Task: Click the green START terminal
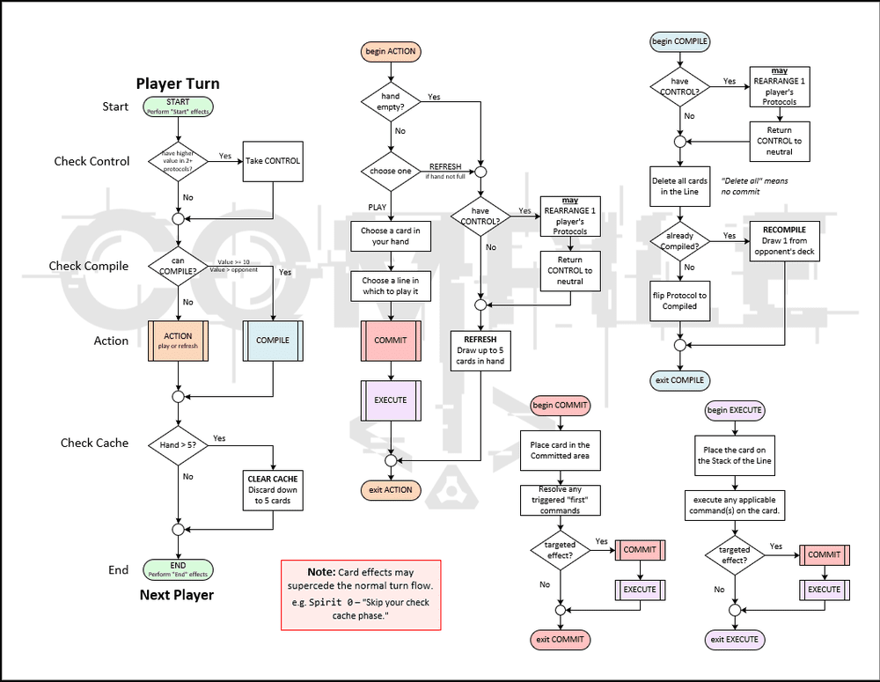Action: pyautogui.click(x=178, y=107)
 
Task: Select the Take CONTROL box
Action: pyautogui.click(x=273, y=161)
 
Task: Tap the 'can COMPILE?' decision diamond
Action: pyautogui.click(x=178, y=266)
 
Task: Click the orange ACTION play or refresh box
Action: pyautogui.click(x=178, y=341)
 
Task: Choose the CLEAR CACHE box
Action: pyautogui.click(x=273, y=490)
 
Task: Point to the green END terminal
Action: pyautogui.click(x=178, y=569)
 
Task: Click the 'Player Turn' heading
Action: pyautogui.click(x=178, y=84)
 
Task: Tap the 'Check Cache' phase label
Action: pyautogui.click(x=94, y=443)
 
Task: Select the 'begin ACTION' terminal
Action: pyautogui.click(x=390, y=52)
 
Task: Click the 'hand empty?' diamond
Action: pyautogui.click(x=390, y=101)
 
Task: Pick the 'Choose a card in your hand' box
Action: pyautogui.click(x=390, y=236)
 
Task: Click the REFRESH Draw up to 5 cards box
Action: pyautogui.click(x=480, y=350)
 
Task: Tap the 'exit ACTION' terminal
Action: pyautogui.click(x=390, y=489)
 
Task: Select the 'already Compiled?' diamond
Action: pyautogui.click(x=679, y=241)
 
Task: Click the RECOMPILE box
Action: pyautogui.click(x=784, y=241)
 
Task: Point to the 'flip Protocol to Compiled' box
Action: pyautogui.click(x=679, y=301)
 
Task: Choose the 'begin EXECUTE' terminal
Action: pyautogui.click(x=734, y=410)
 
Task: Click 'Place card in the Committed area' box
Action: pyautogui.click(x=560, y=451)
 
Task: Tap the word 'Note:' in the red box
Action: pyautogui.click(x=322, y=572)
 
